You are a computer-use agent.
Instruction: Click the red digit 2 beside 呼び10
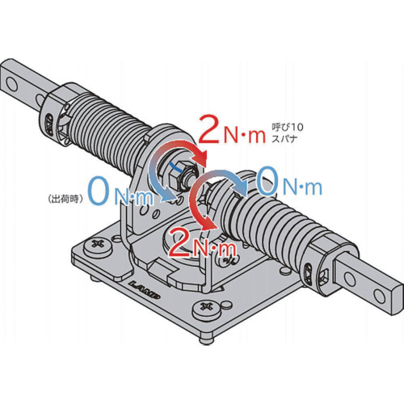click(208, 128)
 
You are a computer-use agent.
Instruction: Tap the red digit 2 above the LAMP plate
click(179, 242)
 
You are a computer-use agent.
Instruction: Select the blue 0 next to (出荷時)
click(98, 190)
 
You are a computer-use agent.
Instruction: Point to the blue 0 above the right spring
click(267, 180)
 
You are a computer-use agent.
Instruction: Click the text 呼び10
click(288, 127)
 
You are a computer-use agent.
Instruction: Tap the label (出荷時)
click(65, 199)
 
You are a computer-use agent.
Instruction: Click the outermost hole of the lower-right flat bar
click(380, 296)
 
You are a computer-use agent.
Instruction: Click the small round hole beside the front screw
click(227, 305)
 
